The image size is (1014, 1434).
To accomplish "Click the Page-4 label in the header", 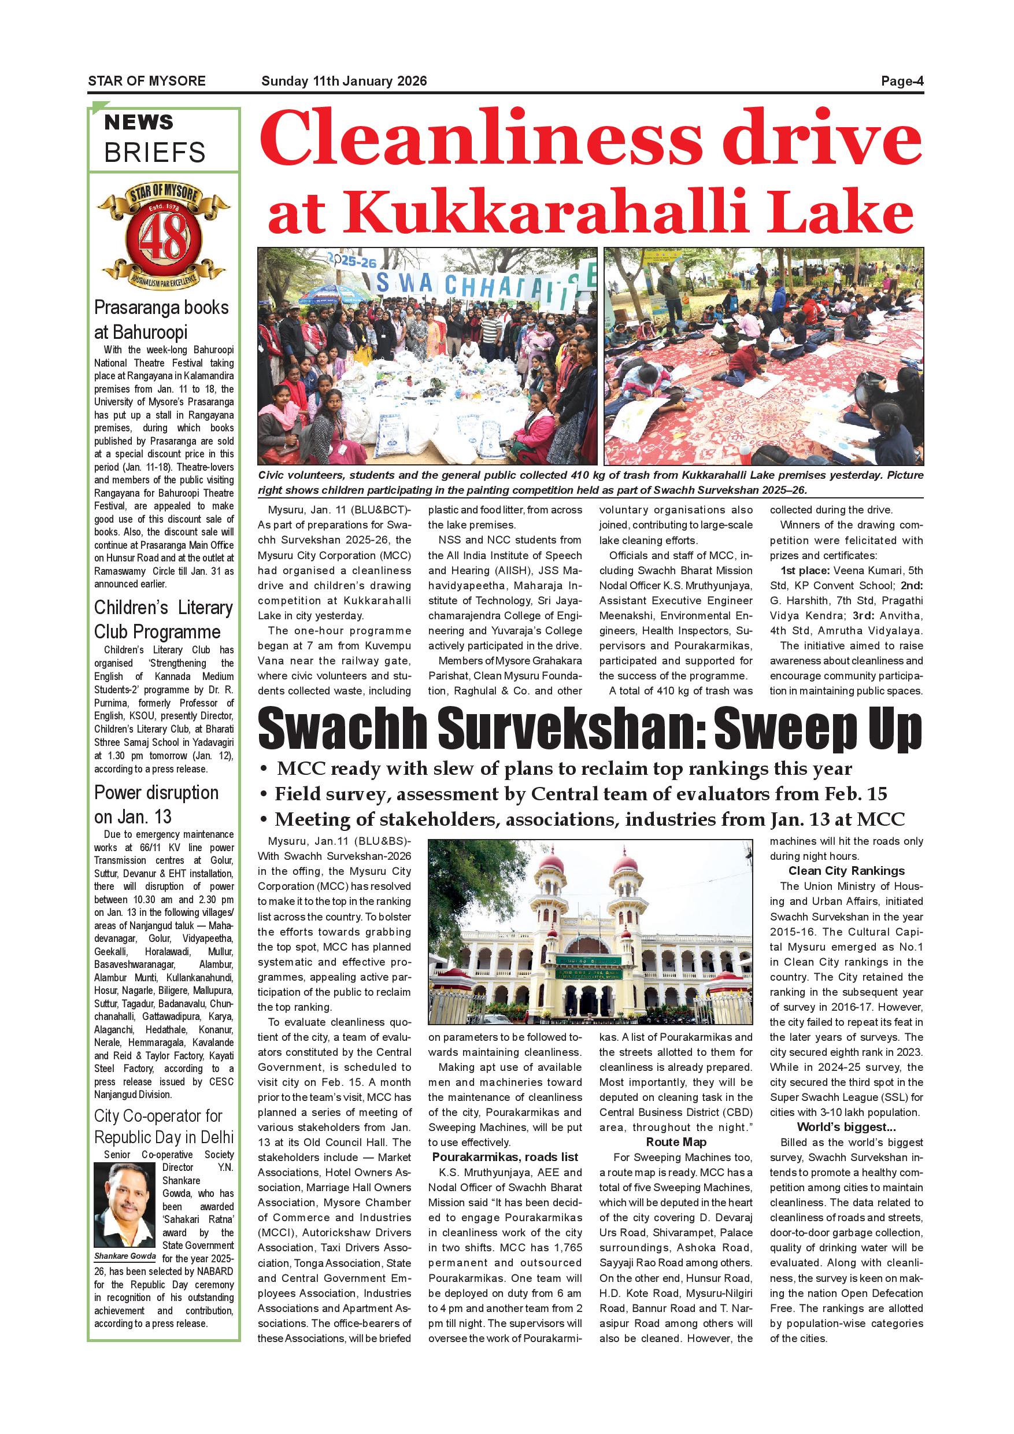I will tap(902, 81).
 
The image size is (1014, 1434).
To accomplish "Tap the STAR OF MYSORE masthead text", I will tap(147, 81).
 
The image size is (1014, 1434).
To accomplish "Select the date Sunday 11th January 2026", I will tap(344, 81).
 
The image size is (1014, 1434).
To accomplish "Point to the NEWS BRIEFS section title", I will tap(154, 139).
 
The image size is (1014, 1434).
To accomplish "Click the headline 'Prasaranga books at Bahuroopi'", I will tap(162, 320).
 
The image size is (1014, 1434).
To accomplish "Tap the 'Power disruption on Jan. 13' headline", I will tap(157, 804).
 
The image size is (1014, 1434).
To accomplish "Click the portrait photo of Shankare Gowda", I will tap(124, 1205).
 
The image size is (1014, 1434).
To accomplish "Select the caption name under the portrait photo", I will tap(124, 1256).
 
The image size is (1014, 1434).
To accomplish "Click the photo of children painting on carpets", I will tap(763, 356).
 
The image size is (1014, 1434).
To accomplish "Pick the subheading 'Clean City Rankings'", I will tap(846, 871).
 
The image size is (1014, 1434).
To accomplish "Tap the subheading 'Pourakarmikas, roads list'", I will tap(505, 1156).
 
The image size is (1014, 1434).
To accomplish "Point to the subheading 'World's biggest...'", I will tap(846, 1127).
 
